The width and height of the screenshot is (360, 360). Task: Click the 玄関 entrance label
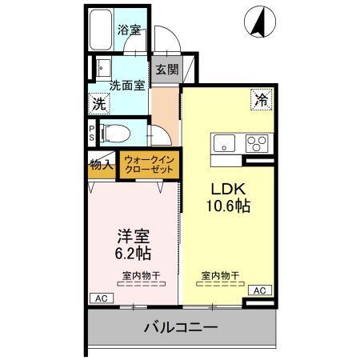(166, 70)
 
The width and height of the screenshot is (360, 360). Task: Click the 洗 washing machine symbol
(98, 104)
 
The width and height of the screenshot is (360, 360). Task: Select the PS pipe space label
(92, 133)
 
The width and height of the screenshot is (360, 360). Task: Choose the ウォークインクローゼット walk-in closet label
(150, 165)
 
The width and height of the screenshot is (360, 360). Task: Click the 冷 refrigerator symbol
(261, 100)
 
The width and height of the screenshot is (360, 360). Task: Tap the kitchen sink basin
(223, 143)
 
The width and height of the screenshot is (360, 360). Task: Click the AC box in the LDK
(259, 290)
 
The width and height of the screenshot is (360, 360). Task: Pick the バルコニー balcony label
(181, 327)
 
